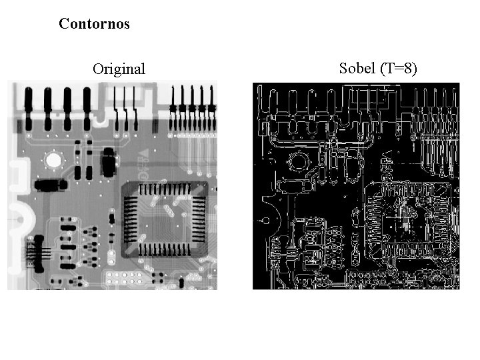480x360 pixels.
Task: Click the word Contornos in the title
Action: [94, 24]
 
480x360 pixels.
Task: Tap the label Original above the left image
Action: [119, 69]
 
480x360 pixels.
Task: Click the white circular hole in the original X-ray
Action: [53, 160]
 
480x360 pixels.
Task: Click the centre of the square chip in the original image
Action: [164, 219]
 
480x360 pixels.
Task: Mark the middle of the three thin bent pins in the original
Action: [126, 107]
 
